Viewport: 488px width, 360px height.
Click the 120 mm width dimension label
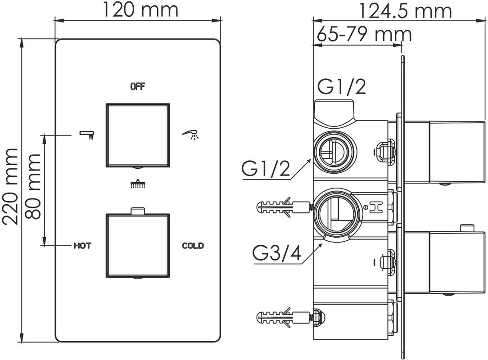(x=140, y=9)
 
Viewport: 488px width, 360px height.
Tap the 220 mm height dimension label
(x=10, y=187)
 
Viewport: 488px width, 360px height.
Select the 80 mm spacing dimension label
(x=33, y=186)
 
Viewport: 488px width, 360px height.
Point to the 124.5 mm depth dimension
(x=405, y=11)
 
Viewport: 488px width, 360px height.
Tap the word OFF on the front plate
(x=138, y=86)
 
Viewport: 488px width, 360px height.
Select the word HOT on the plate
(x=82, y=246)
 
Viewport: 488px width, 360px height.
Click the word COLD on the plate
(x=193, y=246)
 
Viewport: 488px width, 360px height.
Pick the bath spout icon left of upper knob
(x=87, y=135)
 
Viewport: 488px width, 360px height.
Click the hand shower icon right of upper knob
(x=190, y=135)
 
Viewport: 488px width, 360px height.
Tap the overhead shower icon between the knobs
(x=138, y=184)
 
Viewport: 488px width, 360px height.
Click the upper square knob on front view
(x=138, y=135)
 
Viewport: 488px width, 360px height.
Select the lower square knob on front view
(x=138, y=245)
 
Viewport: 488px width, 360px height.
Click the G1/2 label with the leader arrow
(x=266, y=169)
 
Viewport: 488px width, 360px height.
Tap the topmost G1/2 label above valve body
(x=341, y=87)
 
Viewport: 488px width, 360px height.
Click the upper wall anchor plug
(x=284, y=206)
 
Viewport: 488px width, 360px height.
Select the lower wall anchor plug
(x=284, y=318)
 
